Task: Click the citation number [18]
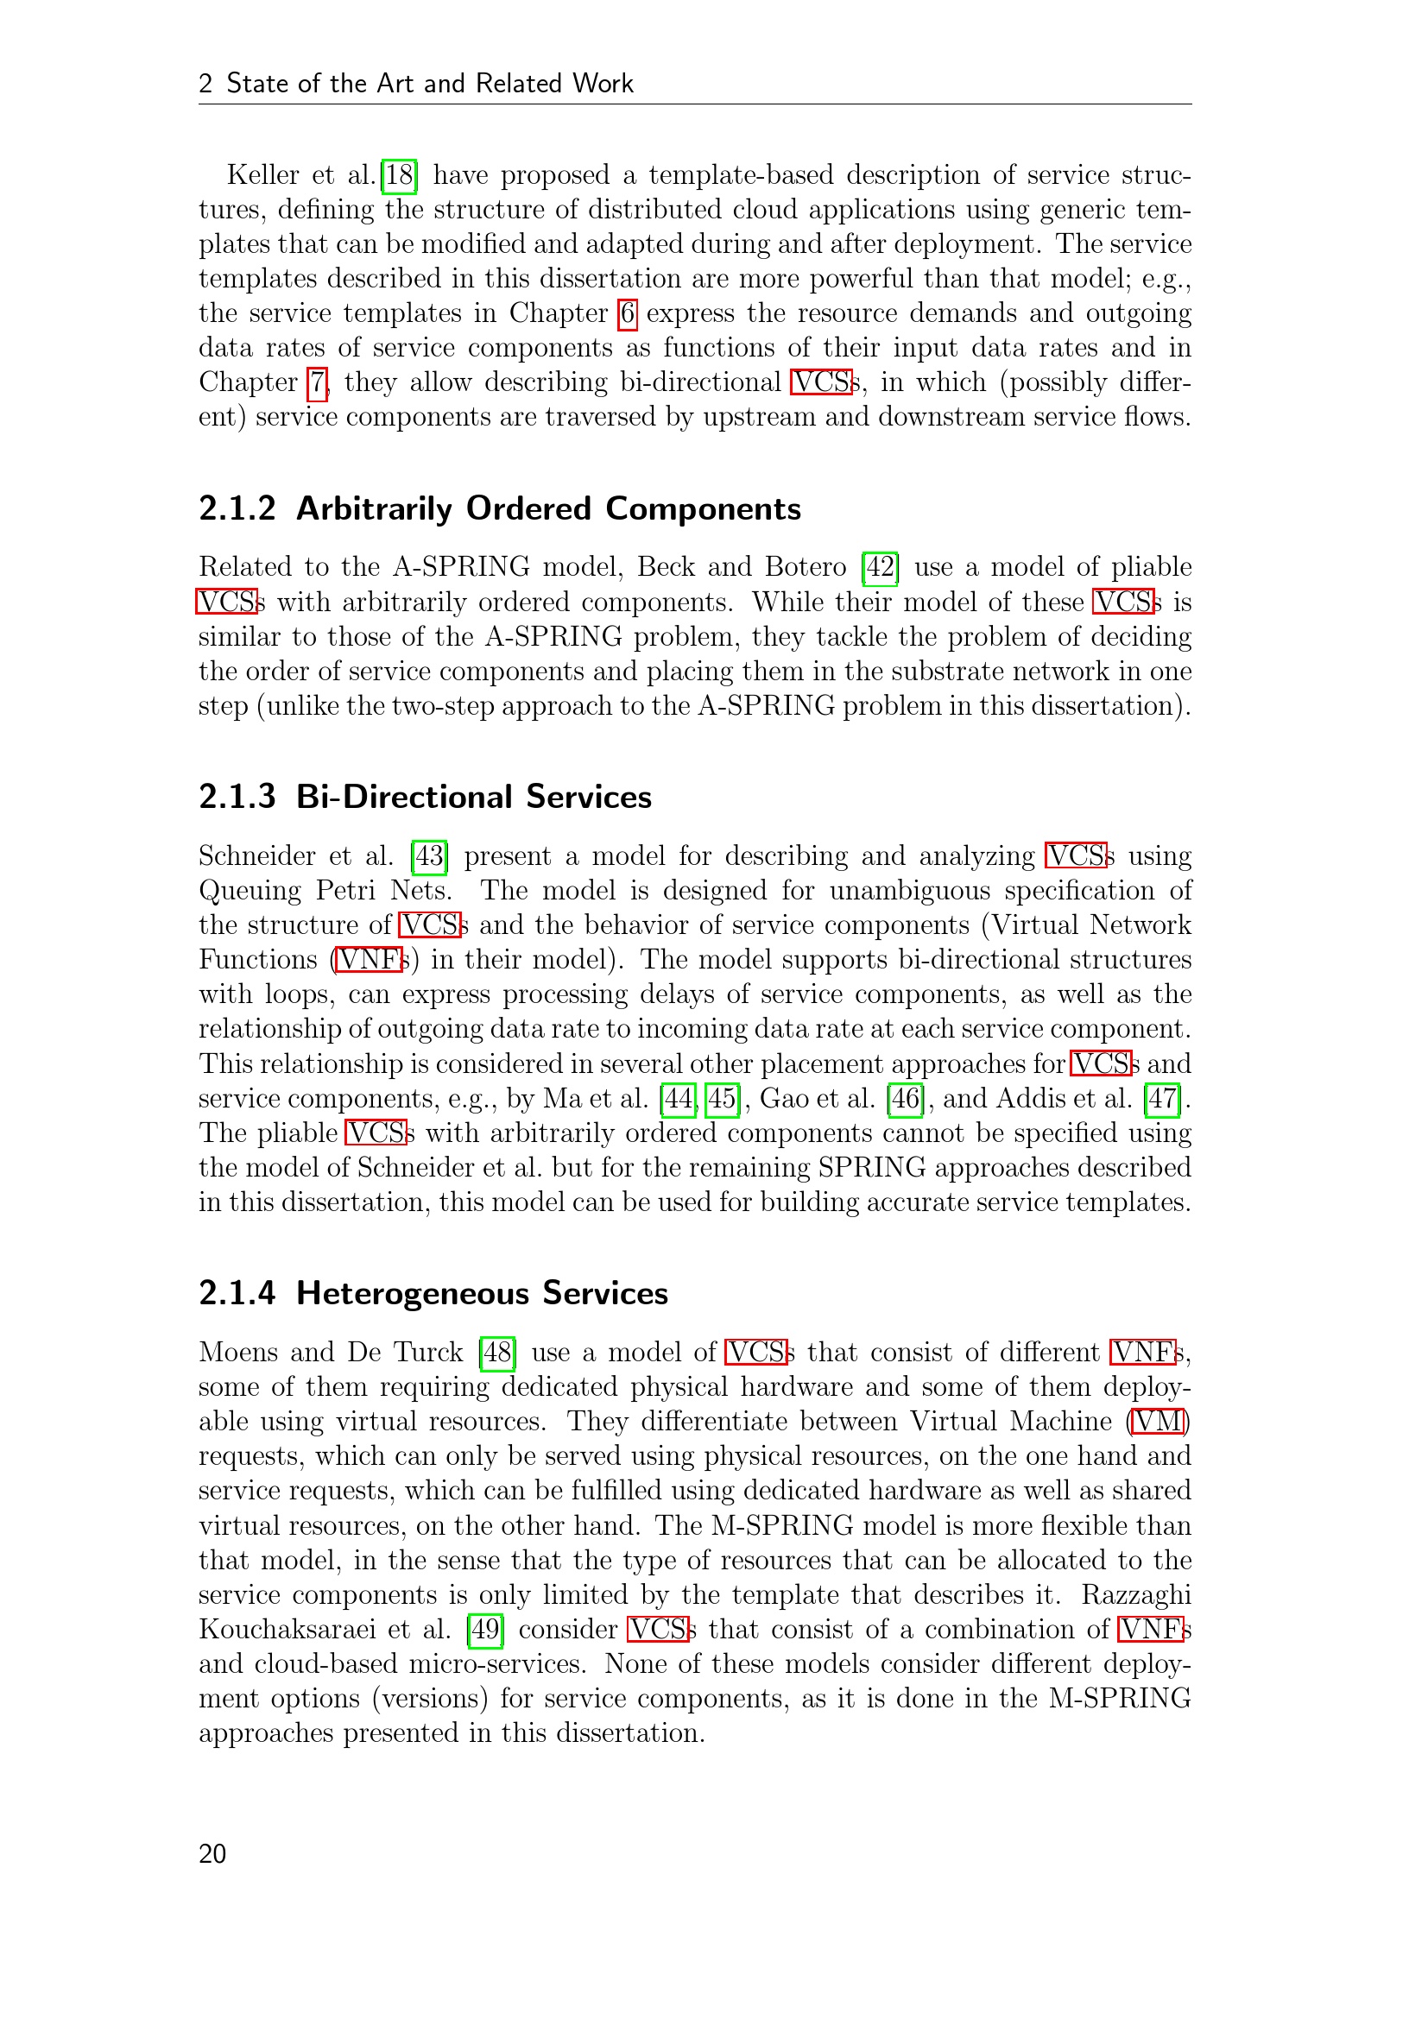pyautogui.click(x=399, y=175)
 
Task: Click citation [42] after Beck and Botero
pyautogui.click(x=880, y=567)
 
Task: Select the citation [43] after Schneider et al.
pyautogui.click(x=429, y=856)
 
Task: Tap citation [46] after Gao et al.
pyautogui.click(x=906, y=1099)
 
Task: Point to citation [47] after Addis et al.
pyautogui.click(x=1162, y=1099)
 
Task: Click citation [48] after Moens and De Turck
pyautogui.click(x=497, y=1353)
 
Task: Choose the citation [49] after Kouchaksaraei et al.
pyautogui.click(x=485, y=1630)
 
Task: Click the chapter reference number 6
pyautogui.click(x=627, y=314)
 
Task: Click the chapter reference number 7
pyautogui.click(x=317, y=383)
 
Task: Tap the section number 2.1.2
pyautogui.click(x=237, y=509)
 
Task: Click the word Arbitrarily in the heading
pyautogui.click(x=374, y=509)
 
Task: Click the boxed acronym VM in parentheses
pyautogui.click(x=1159, y=1422)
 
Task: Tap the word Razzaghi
pyautogui.click(x=1136, y=1595)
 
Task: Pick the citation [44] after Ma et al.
pyautogui.click(x=678, y=1099)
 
